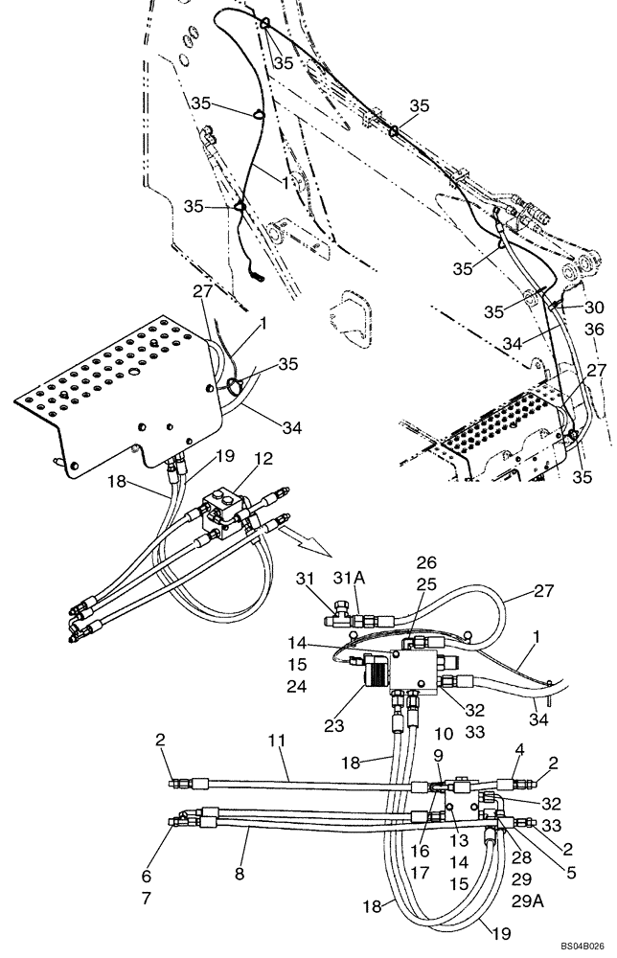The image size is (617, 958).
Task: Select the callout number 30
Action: [595, 308]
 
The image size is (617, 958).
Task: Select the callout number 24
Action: [296, 685]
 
